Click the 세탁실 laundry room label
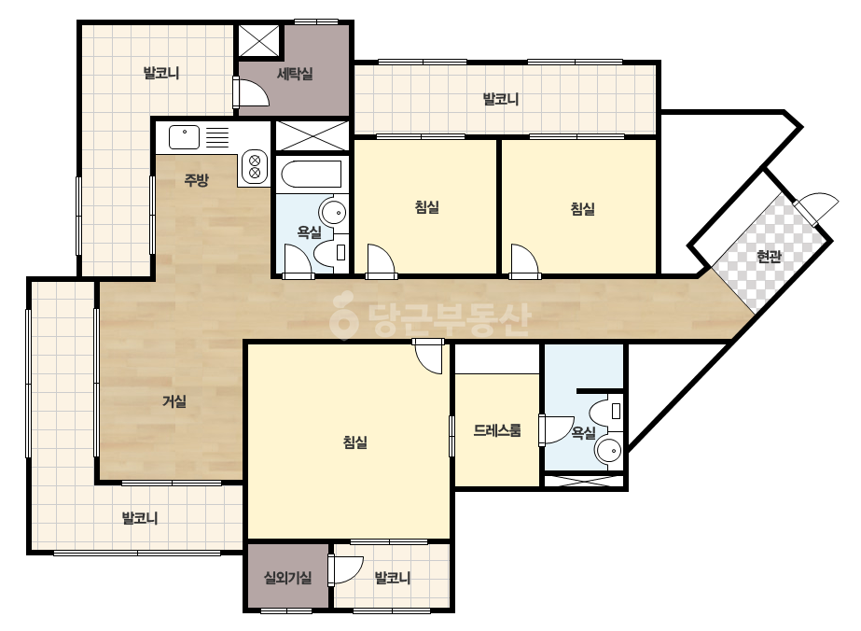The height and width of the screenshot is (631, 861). tap(295, 73)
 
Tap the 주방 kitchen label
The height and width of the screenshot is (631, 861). tap(196, 180)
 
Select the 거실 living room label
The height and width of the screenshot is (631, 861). tap(174, 401)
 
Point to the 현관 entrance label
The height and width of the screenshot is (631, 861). tap(769, 256)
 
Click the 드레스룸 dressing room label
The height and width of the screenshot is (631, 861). tap(497, 430)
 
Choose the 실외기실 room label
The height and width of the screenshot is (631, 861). tap(287, 578)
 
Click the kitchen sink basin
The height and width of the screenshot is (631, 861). tap(184, 137)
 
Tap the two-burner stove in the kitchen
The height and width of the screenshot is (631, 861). tap(255, 166)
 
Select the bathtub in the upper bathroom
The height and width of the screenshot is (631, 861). tap(312, 174)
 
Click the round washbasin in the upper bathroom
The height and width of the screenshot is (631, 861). tap(333, 211)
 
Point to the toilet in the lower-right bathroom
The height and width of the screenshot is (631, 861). tap(605, 411)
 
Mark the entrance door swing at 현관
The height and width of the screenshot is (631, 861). tap(817, 208)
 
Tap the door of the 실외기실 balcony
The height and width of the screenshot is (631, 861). tap(346, 569)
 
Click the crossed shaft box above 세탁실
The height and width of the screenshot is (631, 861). tap(259, 39)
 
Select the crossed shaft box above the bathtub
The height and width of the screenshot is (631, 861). tap(312, 135)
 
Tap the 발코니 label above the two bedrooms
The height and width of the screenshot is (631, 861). tap(500, 100)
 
